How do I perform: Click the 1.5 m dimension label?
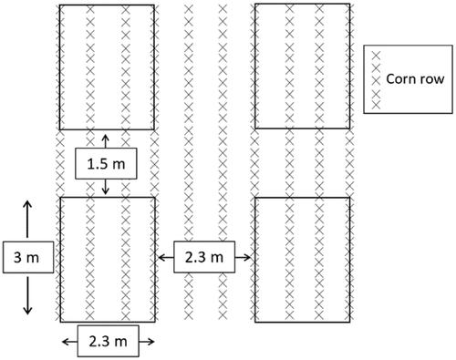tap(106, 164)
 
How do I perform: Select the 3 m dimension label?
tap(26, 258)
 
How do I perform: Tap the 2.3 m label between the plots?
tap(204, 258)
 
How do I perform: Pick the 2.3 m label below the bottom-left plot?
tap(109, 342)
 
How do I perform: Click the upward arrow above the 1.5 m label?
tap(105, 141)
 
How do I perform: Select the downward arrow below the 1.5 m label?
tap(105, 187)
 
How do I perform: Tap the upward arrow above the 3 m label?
tap(27, 219)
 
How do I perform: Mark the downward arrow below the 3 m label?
tap(27, 295)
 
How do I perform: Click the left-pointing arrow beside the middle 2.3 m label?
tap(166, 258)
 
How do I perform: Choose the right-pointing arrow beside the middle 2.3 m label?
tap(243, 258)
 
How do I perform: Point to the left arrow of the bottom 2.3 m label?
tap(69, 342)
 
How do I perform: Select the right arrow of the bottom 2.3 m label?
tap(147, 342)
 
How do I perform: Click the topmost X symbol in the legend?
tap(377, 56)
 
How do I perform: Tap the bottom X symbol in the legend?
tap(377, 105)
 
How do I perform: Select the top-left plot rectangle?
tap(59, 67)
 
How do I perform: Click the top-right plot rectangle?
tap(254, 67)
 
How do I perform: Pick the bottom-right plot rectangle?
tap(254, 260)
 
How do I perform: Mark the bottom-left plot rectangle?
tap(60, 260)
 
